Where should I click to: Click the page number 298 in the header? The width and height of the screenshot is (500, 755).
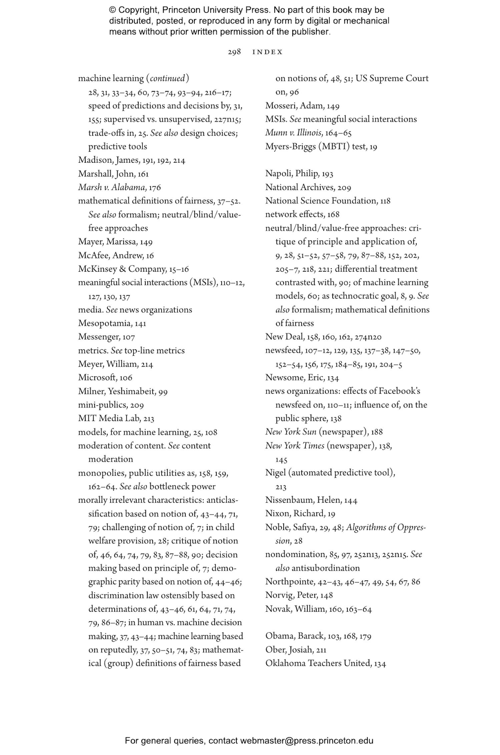(234, 52)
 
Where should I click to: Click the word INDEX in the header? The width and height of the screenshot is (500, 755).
(267, 52)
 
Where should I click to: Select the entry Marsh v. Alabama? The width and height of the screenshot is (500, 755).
(112, 187)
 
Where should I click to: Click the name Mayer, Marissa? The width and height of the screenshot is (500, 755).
(107, 242)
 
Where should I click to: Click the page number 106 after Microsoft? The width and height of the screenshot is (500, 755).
(126, 378)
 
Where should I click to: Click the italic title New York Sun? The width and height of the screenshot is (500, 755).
(291, 432)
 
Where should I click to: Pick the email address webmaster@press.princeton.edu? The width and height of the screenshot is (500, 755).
(306, 741)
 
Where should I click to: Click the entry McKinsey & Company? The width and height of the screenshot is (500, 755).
(122, 269)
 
